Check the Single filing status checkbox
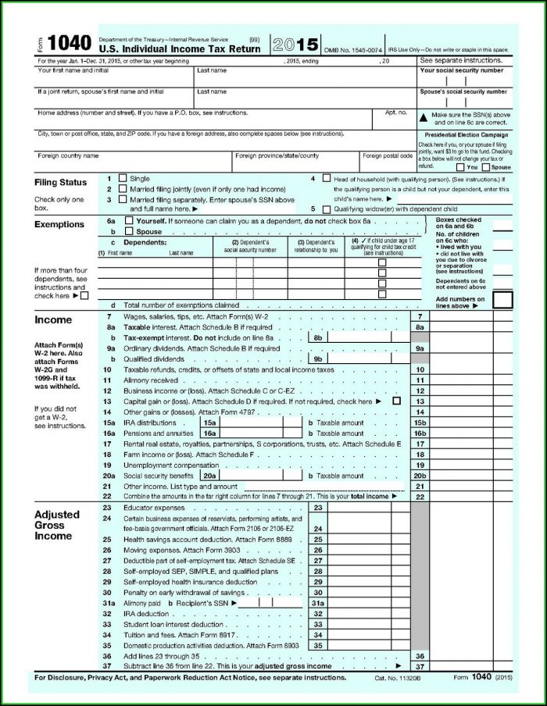[122, 178]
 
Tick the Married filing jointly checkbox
[122, 189]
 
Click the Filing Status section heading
[60, 183]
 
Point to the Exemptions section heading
[59, 225]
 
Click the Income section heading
[53, 319]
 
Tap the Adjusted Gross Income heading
[57, 526]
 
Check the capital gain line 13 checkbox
[397, 401]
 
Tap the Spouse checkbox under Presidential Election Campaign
[486, 167]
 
